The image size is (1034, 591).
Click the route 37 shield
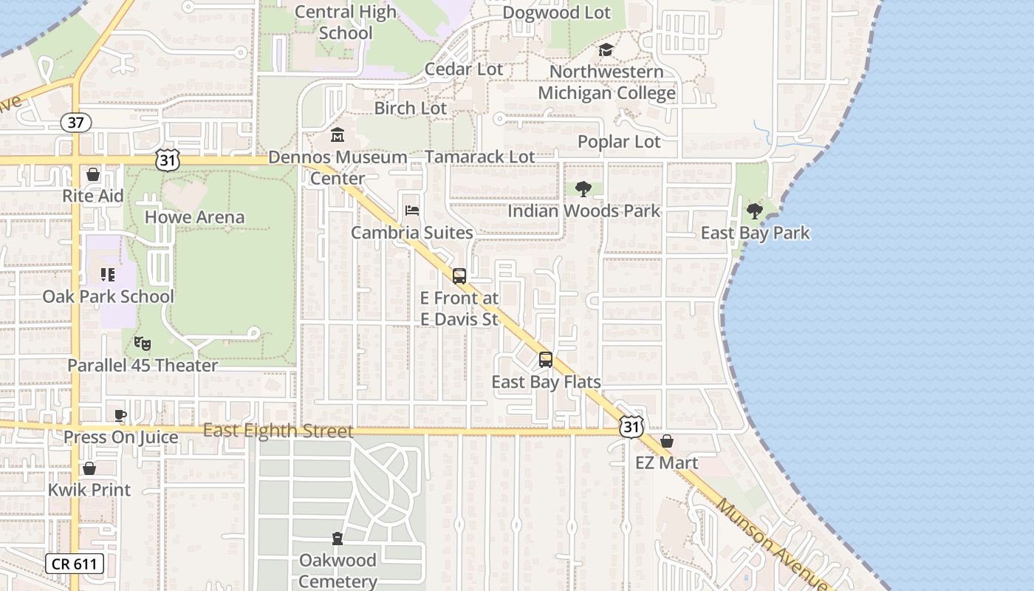[75, 123]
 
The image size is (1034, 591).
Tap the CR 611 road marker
[75, 564]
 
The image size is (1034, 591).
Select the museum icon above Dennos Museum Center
[338, 135]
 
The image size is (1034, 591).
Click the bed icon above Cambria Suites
[412, 211]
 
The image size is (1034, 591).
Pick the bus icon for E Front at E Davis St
[459, 276]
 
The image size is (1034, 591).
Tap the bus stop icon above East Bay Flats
[546, 360]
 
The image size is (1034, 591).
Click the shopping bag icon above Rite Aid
[93, 174]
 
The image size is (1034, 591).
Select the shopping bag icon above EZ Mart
[667, 441]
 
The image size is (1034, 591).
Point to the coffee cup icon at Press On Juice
[120, 415]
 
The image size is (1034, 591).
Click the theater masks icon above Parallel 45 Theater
[142, 344]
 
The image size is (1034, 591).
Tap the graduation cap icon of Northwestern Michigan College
[606, 50]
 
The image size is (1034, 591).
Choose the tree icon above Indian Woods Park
[583, 189]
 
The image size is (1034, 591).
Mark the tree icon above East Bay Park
[754, 211]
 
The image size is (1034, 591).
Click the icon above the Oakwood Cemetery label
[338, 538]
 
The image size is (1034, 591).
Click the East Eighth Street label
[278, 431]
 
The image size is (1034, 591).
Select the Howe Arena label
[194, 217]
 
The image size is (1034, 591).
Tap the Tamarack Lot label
[479, 157]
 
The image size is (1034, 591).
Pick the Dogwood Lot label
[556, 13]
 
